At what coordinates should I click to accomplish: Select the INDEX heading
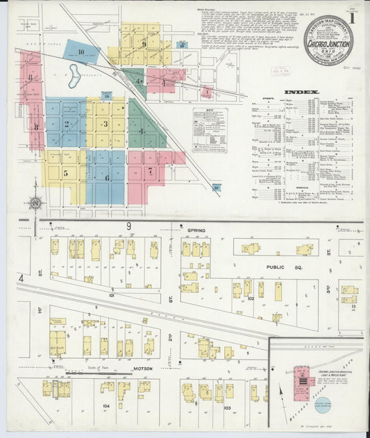tap(301, 92)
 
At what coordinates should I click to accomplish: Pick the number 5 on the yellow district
tap(65, 173)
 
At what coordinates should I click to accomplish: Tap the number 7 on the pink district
tap(149, 170)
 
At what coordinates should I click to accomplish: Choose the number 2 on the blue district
tap(67, 125)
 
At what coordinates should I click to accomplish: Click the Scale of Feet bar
tap(87, 373)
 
